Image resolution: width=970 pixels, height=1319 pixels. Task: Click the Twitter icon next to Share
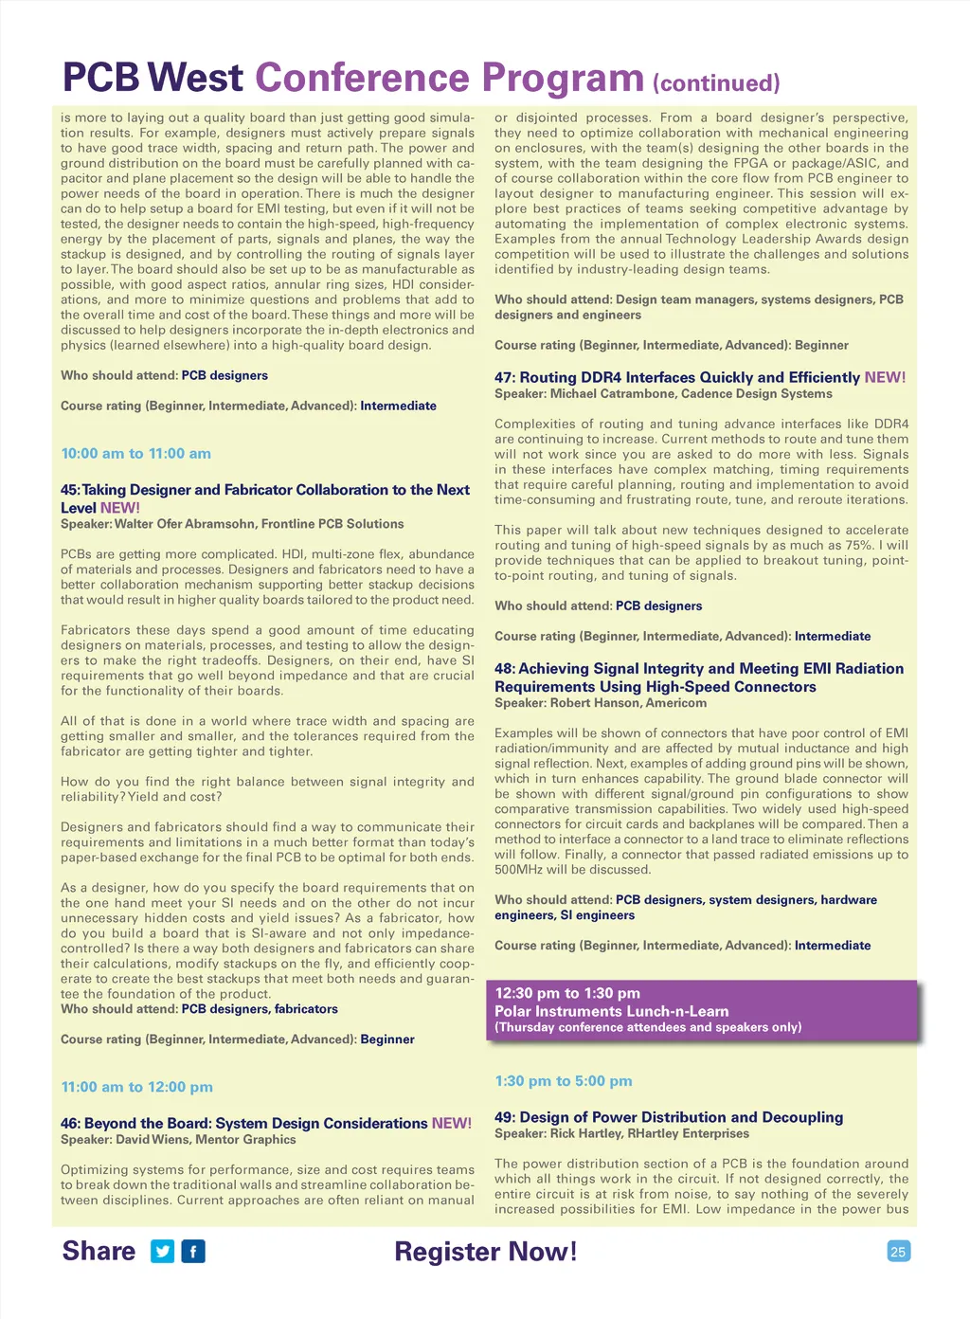163,1252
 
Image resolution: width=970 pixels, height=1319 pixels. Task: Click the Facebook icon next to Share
193,1252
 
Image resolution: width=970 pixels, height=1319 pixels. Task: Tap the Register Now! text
485,1252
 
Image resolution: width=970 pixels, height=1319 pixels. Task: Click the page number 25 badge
898,1252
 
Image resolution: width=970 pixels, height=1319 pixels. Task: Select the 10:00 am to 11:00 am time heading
135,454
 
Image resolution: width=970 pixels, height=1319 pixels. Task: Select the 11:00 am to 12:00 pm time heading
136,1087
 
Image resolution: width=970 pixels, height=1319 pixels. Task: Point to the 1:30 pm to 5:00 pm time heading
563,1081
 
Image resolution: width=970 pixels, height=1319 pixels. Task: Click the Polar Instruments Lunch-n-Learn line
611,1011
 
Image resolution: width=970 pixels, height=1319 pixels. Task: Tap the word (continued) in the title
716,83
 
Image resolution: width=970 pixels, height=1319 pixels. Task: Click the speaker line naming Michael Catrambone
663,394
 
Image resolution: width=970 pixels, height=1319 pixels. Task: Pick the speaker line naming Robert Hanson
600,703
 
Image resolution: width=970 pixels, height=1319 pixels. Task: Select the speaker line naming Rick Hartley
621,1133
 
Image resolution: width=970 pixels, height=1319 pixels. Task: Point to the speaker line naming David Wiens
178,1140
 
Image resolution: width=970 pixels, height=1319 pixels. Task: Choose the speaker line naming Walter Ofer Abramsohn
232,524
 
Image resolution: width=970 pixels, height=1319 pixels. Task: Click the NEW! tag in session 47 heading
885,377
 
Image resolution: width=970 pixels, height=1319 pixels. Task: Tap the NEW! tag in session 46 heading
451,1123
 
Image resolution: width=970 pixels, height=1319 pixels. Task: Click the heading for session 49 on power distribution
668,1117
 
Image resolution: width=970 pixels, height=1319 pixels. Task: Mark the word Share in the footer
99,1251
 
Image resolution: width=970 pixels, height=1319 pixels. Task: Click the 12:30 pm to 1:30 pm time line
567,993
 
